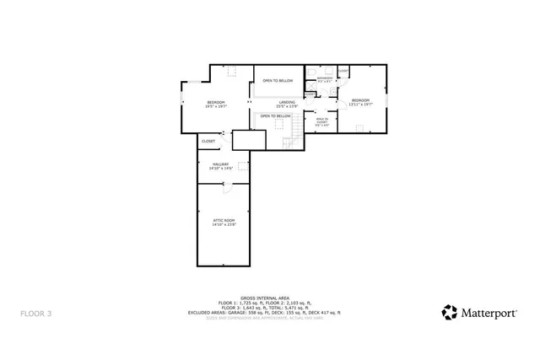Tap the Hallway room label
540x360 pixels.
tap(221, 164)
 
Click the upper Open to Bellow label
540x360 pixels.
tap(278, 80)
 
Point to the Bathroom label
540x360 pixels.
tap(325, 78)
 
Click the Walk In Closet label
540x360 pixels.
tap(321, 121)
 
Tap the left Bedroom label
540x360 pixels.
tap(216, 102)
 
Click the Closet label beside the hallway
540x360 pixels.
tap(208, 141)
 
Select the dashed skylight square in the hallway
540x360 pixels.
tap(243, 166)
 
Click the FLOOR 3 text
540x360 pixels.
tap(35, 314)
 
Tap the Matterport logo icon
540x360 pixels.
tap(451, 312)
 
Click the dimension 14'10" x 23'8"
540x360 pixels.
tap(224, 224)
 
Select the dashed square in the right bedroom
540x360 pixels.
tap(360, 128)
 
